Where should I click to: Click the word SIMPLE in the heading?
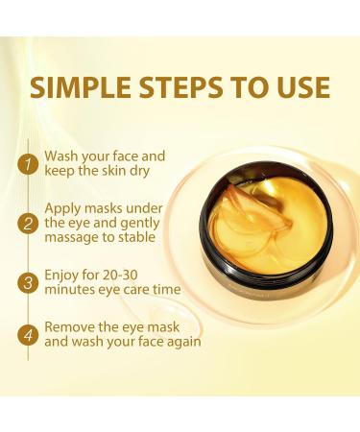click(x=81, y=86)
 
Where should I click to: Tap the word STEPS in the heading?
click(x=180, y=86)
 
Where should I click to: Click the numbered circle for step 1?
click(x=28, y=164)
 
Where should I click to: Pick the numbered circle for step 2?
click(x=28, y=223)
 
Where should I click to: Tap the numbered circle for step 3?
click(x=28, y=282)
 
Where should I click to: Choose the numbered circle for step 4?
click(x=28, y=335)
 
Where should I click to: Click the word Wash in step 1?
click(x=61, y=156)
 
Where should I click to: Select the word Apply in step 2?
click(x=61, y=209)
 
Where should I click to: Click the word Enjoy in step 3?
click(x=60, y=276)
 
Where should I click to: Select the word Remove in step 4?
click(x=66, y=327)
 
